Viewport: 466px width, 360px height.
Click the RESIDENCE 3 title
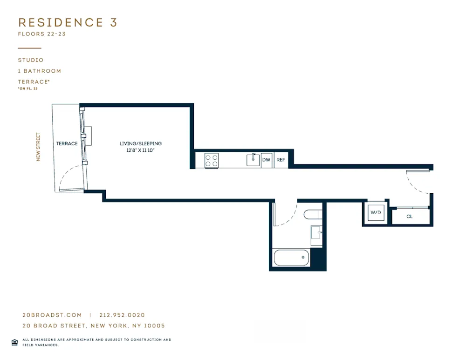pos(68,22)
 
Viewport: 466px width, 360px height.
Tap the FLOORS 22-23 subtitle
pos(41,34)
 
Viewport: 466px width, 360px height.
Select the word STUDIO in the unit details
pos(31,60)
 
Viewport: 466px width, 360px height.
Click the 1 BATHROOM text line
pos(40,71)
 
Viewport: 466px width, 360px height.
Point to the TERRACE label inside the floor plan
pos(67,143)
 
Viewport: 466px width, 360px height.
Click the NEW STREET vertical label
pos(38,147)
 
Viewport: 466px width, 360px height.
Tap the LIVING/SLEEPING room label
pos(141,143)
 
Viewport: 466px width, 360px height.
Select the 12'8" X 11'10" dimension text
pos(141,150)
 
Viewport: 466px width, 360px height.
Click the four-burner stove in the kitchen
pos(211,161)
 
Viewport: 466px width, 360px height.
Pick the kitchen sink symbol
pos(253,160)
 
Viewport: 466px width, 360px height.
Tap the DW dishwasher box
pos(267,160)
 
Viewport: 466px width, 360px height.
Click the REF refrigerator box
pos(281,160)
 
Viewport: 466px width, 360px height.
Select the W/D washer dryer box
pos(376,213)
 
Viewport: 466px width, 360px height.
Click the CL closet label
pos(409,217)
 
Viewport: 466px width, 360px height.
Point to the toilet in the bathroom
pos(312,215)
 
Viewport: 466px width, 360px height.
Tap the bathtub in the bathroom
pos(292,257)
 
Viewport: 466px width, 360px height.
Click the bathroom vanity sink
pos(317,231)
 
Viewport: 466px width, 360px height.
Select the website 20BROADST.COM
pos(52,315)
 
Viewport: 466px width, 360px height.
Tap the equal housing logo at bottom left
pos(14,342)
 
